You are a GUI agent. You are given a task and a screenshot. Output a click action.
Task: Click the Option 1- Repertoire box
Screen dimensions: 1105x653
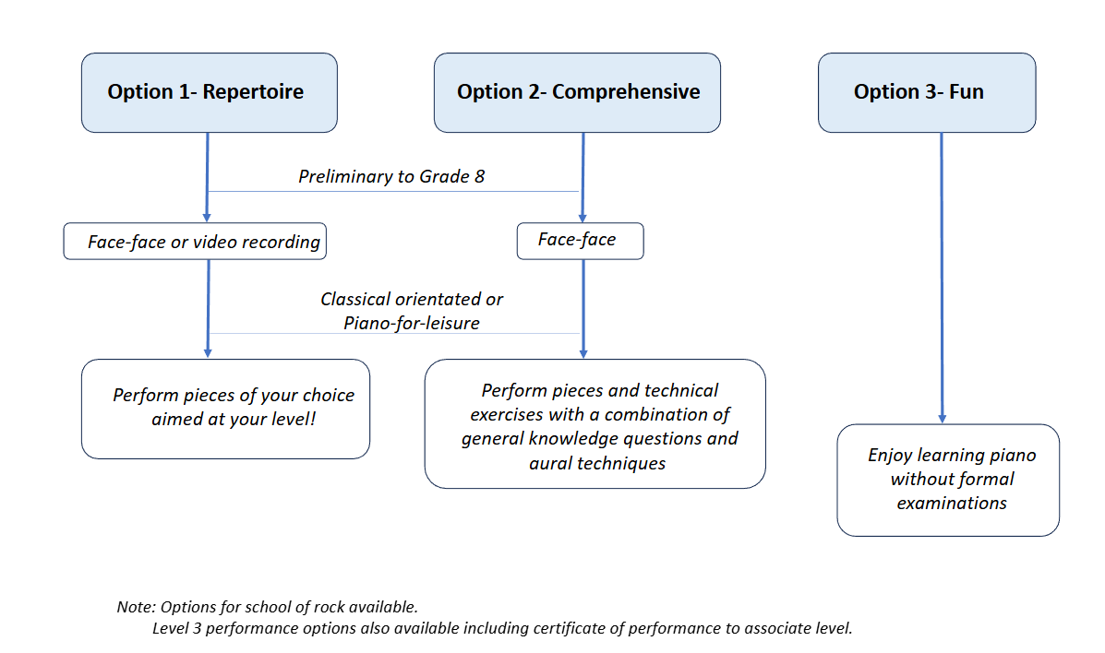click(210, 92)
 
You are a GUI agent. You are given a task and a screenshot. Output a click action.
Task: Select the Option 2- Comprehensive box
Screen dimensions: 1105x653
click(577, 92)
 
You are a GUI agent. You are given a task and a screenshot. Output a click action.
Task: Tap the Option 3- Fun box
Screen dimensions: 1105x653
click(927, 92)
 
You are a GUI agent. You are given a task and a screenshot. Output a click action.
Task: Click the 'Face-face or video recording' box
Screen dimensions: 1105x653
click(195, 242)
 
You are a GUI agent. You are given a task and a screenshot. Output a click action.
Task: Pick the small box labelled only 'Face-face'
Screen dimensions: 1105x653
click(580, 241)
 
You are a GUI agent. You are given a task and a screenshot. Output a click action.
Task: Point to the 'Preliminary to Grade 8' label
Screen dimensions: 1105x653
click(391, 176)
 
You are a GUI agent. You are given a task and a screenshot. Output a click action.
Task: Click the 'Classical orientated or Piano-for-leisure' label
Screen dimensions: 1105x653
click(412, 311)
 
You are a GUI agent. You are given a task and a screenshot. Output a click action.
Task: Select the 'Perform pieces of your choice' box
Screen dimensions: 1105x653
click(225, 410)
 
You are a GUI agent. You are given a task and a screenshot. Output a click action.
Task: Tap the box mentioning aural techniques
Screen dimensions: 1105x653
click(595, 424)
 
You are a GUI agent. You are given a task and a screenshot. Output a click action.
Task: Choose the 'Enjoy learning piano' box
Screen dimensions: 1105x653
click(948, 481)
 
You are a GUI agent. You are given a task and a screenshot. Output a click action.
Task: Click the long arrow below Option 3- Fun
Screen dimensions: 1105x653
click(942, 278)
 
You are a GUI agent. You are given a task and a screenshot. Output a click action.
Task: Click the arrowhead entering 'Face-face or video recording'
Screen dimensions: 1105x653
click(207, 218)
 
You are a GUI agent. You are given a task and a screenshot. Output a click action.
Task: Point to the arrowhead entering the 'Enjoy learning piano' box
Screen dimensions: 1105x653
click(943, 419)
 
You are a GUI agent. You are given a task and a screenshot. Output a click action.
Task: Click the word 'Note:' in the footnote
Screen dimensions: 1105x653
click(136, 607)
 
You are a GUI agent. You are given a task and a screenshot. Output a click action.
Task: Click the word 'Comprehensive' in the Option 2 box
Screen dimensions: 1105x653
click(626, 91)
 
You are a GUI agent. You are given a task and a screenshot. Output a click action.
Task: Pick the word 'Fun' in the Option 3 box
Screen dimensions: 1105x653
click(967, 91)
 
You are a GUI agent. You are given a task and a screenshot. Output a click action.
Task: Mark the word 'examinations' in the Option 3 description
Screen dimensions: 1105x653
click(952, 503)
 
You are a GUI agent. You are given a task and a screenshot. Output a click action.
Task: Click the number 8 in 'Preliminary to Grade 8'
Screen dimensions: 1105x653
click(479, 176)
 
